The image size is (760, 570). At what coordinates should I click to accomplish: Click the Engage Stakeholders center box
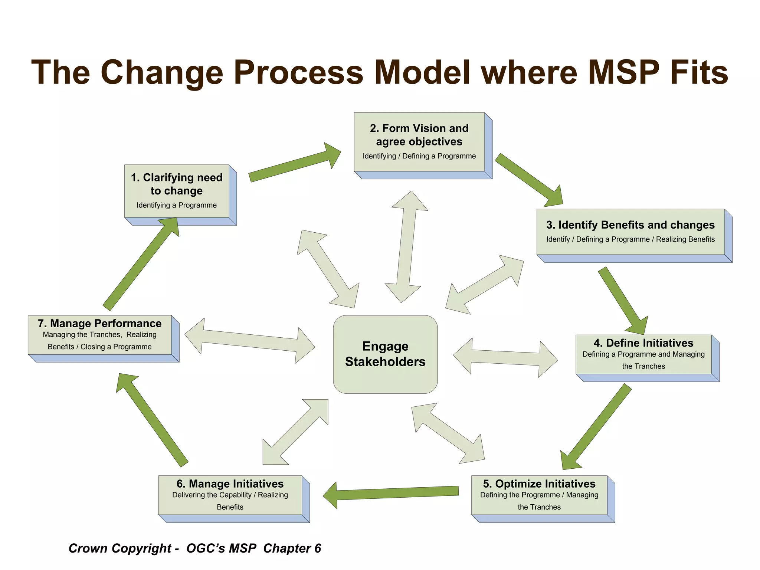(385, 354)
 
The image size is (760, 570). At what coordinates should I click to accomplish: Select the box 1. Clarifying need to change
(177, 191)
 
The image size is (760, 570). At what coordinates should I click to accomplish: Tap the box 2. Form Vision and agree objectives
(419, 142)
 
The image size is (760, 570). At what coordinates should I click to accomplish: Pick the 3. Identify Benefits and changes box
(630, 232)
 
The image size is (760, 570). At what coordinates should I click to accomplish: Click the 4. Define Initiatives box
(643, 354)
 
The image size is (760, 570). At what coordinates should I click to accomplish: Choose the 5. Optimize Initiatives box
(539, 495)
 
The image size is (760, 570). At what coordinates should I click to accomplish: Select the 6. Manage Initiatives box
(230, 495)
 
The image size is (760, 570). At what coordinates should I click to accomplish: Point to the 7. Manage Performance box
(99, 335)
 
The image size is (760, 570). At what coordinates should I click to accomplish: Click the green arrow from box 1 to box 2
(293, 163)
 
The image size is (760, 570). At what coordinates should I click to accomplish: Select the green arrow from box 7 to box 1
(141, 263)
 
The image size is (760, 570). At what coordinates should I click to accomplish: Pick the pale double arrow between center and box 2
(406, 247)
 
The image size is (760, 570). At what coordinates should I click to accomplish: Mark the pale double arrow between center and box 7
(250, 341)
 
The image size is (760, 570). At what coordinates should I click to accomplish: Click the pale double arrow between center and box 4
(505, 357)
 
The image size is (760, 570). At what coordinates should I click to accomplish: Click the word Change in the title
(161, 73)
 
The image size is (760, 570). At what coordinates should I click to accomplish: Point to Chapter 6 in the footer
(292, 548)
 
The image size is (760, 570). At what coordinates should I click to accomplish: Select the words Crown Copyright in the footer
(120, 548)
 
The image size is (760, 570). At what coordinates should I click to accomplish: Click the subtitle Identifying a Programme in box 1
(177, 205)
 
